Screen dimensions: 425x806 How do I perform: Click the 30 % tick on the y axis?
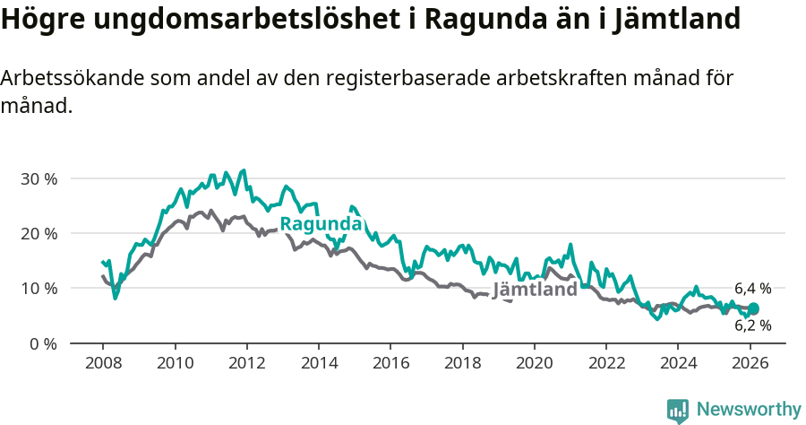[x=38, y=178]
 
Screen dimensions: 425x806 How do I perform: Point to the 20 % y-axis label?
[x=38, y=233]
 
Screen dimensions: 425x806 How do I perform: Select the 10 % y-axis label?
[x=38, y=288]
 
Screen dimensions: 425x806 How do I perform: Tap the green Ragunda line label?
[x=321, y=224]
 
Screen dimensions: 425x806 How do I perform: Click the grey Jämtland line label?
[x=535, y=291]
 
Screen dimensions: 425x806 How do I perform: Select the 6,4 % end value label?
[x=752, y=289]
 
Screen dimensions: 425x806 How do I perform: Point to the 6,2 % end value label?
[x=752, y=325]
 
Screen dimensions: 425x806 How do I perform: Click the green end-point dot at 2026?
[x=753, y=308]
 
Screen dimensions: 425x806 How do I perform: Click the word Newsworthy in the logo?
[x=749, y=409]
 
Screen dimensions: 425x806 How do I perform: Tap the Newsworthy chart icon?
[x=678, y=410]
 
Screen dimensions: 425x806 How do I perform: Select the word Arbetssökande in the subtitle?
[x=64, y=78]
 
